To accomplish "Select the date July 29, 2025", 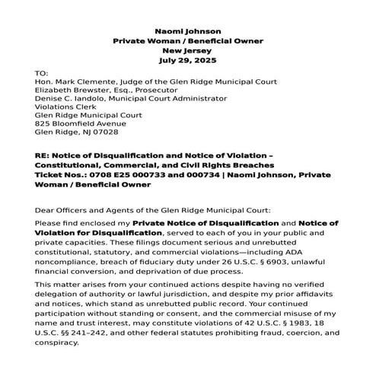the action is [x=189, y=59].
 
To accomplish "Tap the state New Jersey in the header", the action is [x=189, y=49].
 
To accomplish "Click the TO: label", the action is [x=42, y=72].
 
